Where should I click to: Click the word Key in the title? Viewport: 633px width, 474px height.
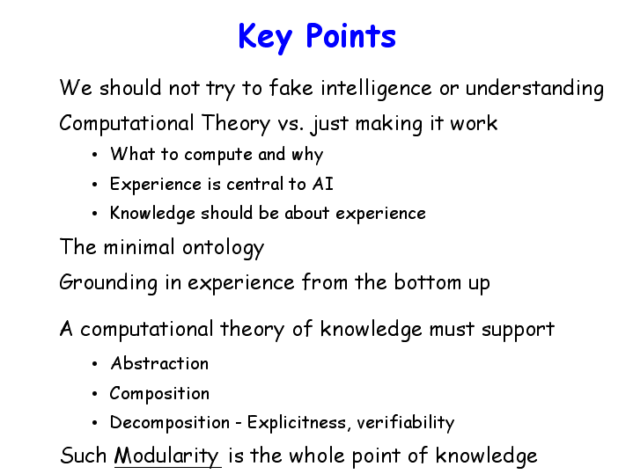pos(265,38)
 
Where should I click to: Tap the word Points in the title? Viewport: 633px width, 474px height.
pos(350,36)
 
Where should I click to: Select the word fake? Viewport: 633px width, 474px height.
pos(291,88)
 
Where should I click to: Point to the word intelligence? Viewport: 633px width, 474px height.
pos(376,89)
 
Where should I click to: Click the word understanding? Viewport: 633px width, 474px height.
pos(534,89)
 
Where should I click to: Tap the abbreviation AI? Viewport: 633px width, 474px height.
pos(323,184)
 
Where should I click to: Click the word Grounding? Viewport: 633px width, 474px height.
pos(108,283)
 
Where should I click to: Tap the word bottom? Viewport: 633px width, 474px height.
pos(428,282)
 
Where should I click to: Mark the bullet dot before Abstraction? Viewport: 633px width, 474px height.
pos(95,364)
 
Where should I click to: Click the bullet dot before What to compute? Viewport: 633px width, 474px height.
pos(95,155)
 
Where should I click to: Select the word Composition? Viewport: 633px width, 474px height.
pos(159,394)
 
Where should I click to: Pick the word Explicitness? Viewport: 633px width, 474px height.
pos(297,423)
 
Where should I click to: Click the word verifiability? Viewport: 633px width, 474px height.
pos(405,423)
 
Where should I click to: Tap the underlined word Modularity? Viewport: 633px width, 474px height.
pos(166,456)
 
